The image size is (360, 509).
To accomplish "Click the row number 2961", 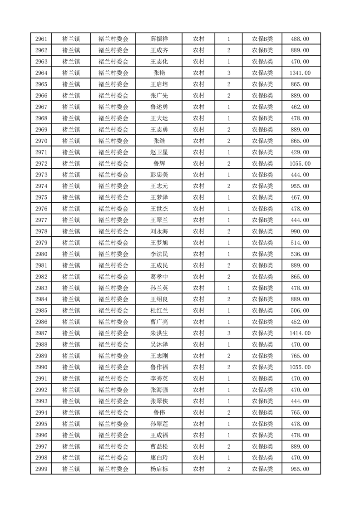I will click(x=41, y=39).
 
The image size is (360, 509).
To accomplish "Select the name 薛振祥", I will click(x=159, y=39).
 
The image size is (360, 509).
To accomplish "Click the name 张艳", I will click(x=159, y=73).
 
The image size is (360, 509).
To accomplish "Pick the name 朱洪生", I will click(x=159, y=333).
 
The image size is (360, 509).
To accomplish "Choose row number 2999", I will click(x=41, y=469).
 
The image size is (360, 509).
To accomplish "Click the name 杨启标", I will click(x=159, y=469).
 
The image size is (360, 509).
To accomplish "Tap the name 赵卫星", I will click(x=159, y=152).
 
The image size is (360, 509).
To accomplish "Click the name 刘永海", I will click(x=159, y=231).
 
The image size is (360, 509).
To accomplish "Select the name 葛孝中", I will click(x=159, y=277).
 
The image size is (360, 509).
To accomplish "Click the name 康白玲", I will click(x=159, y=458).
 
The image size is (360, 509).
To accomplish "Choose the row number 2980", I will click(x=41, y=254).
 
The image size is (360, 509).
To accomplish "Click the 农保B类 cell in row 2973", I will click(x=262, y=175).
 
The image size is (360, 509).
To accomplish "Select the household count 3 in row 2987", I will click(x=229, y=333).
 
